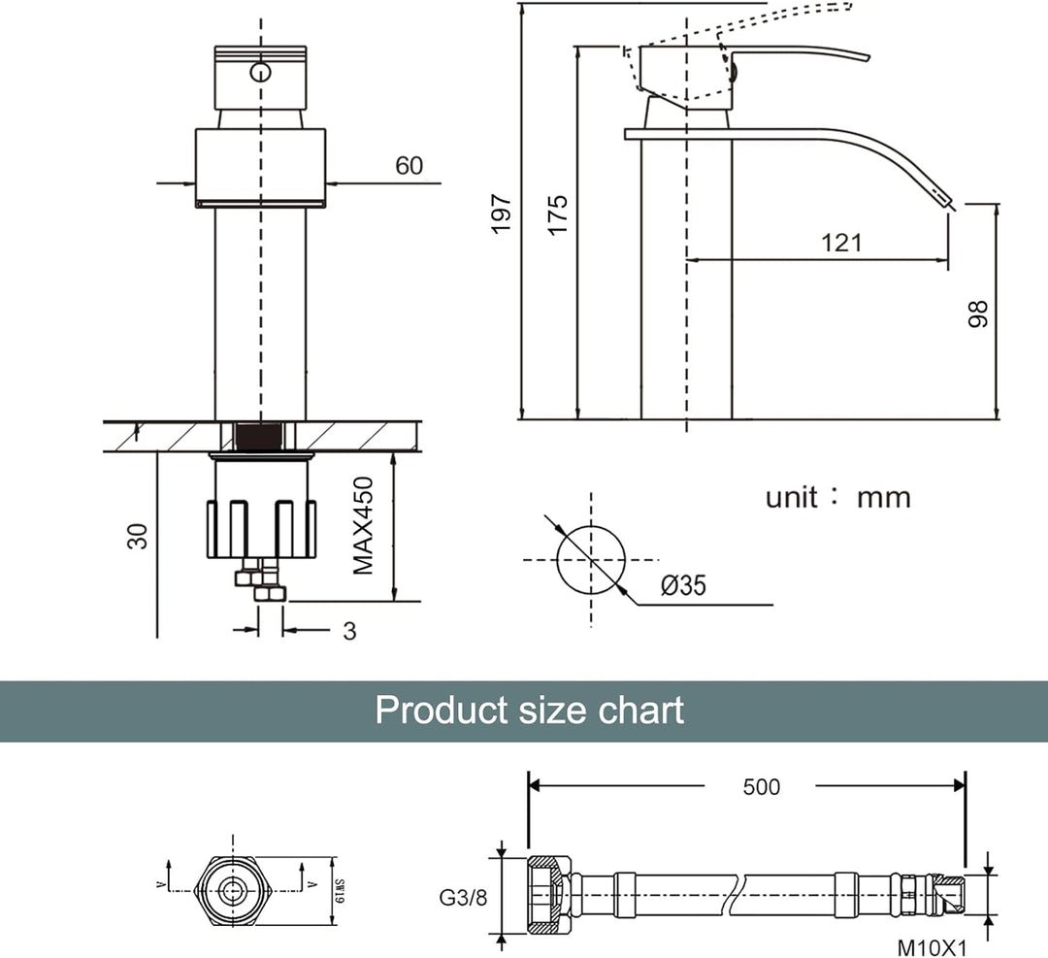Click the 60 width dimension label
click(x=409, y=166)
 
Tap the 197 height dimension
click(x=501, y=214)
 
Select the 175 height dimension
click(x=557, y=215)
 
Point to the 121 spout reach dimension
click(x=840, y=242)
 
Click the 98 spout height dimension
click(x=978, y=312)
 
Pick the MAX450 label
click(x=364, y=525)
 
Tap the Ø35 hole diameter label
click(x=683, y=585)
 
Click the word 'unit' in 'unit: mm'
click(x=793, y=498)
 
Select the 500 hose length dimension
click(x=760, y=786)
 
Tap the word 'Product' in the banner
click(x=442, y=710)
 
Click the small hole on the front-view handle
click(x=260, y=72)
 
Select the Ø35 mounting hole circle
click(x=590, y=560)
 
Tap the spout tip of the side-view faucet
click(x=949, y=202)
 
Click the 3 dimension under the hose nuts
click(x=349, y=631)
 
